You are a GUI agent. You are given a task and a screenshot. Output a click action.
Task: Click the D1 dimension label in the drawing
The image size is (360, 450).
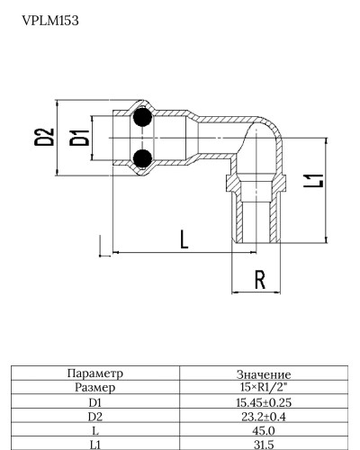[80, 138]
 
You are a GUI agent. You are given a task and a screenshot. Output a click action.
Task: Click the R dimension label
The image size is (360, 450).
[260, 280]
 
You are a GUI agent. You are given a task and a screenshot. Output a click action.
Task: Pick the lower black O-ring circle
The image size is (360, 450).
[140, 159]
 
